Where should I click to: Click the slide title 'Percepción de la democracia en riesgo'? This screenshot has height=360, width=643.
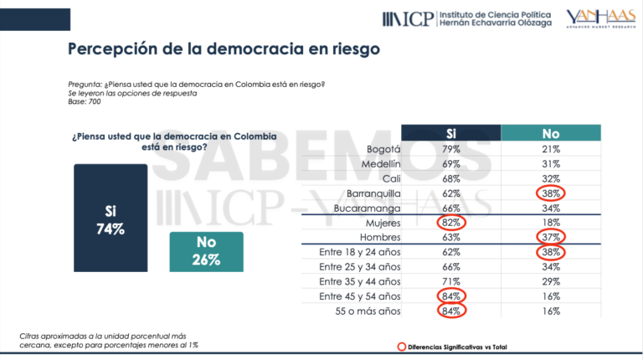224,49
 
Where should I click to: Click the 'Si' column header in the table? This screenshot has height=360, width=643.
450,132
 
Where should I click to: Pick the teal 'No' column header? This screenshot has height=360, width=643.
550,132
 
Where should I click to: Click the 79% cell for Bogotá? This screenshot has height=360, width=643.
451,149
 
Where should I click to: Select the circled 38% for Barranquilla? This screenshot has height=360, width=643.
550,193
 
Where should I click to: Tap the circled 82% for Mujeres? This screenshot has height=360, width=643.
451,222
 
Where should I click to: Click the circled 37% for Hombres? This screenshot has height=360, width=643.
550,237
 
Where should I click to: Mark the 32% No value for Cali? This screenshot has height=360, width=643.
550,178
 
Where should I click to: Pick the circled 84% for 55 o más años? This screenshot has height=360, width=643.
451,311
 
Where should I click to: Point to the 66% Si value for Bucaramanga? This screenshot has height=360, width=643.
451,208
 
